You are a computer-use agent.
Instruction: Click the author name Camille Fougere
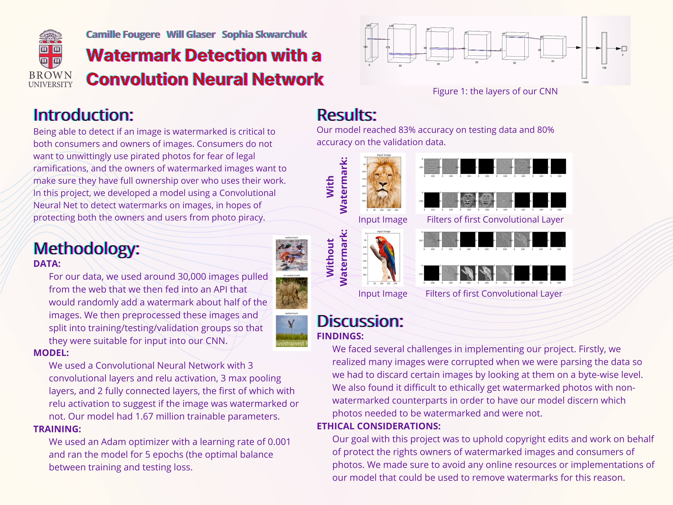(123, 34)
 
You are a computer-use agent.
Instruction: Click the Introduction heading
(83, 115)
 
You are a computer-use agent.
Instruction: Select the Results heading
(347, 115)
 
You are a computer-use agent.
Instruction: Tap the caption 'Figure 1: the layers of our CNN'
(495, 91)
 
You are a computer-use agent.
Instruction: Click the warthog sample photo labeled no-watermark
(292, 293)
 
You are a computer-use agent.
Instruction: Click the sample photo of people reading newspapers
(292, 255)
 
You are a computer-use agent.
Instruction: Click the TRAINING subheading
(57, 429)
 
